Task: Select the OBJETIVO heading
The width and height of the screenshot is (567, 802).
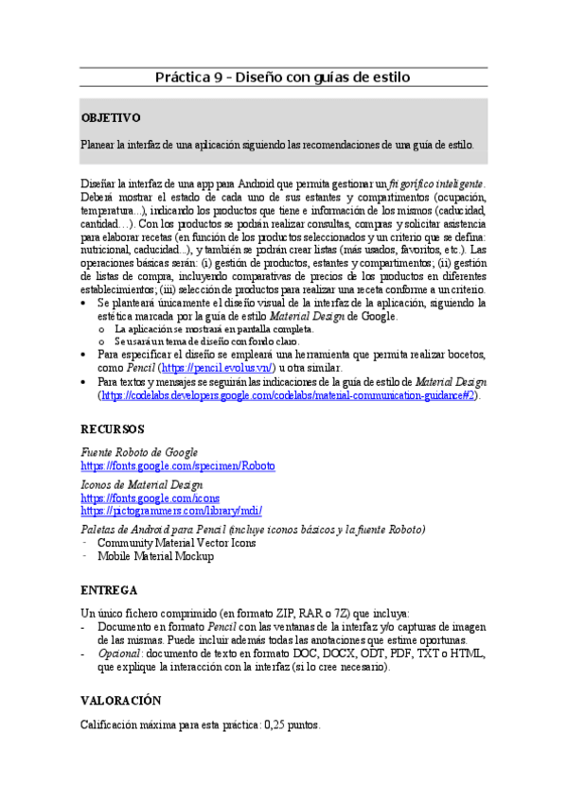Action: (x=111, y=118)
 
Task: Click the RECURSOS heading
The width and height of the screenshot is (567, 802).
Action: (x=113, y=427)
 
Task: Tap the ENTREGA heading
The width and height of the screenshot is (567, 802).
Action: (x=110, y=588)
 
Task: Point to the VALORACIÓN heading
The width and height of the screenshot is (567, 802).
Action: (x=121, y=700)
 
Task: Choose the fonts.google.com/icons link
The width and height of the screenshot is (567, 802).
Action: (x=151, y=497)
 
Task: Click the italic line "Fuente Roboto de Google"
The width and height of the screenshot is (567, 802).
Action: (x=139, y=453)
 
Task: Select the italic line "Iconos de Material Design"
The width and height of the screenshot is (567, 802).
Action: (x=142, y=484)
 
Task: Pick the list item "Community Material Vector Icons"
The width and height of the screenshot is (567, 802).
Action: (x=176, y=543)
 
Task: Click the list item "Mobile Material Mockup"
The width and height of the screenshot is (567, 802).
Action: (x=155, y=556)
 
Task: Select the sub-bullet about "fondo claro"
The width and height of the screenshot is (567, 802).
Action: (x=206, y=340)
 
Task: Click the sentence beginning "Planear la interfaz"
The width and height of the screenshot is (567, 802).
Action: (x=277, y=145)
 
